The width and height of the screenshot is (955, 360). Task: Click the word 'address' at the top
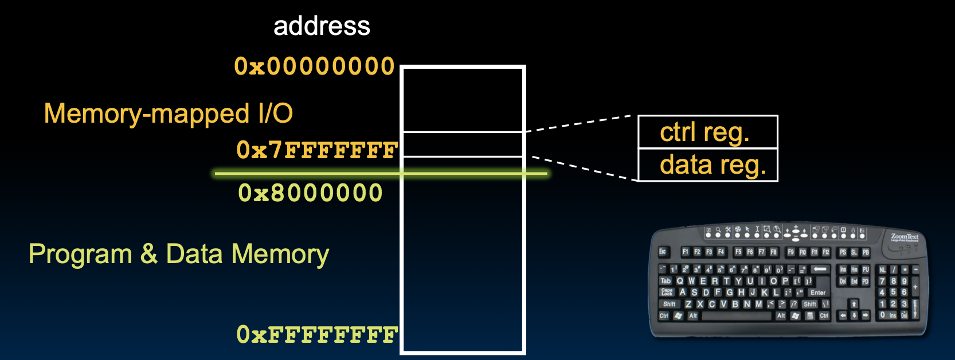click(x=322, y=26)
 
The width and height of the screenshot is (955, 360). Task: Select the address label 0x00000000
click(x=314, y=66)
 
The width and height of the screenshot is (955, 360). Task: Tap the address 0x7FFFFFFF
click(x=317, y=150)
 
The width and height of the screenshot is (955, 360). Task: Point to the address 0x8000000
click(x=310, y=193)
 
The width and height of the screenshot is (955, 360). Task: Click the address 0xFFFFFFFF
click(x=317, y=334)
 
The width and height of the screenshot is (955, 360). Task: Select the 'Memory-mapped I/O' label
click(x=168, y=114)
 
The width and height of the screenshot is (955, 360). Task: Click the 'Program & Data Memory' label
click(x=179, y=254)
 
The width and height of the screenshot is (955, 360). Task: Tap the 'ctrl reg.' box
click(x=707, y=132)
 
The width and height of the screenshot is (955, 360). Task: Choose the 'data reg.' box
click(x=707, y=165)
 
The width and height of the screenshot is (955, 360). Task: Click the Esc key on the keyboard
click(x=663, y=252)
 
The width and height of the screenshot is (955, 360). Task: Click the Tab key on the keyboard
click(x=666, y=281)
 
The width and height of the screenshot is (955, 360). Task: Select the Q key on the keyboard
click(x=680, y=281)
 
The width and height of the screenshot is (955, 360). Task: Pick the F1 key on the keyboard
click(x=685, y=252)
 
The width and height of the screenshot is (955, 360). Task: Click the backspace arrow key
click(x=820, y=269)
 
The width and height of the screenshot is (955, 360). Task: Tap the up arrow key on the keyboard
click(x=854, y=304)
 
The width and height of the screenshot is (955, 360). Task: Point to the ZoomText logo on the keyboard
click(x=905, y=237)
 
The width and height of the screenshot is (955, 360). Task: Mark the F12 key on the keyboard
click(x=826, y=252)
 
